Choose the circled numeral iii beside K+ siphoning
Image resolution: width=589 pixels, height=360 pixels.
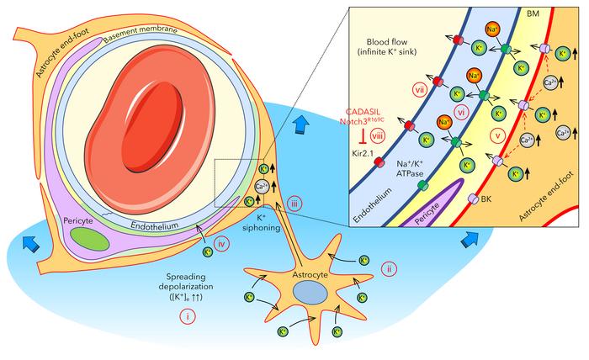pyautogui.click(x=294, y=203)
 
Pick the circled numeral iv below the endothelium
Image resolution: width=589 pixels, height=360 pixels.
pyautogui.click(x=223, y=245)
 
